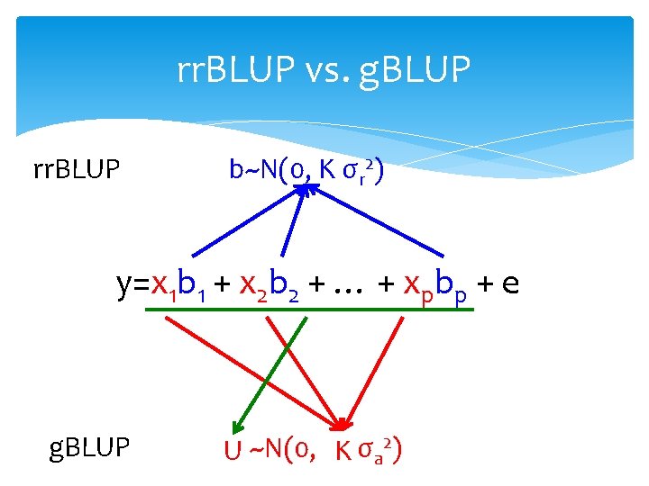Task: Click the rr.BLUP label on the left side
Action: [x=77, y=167]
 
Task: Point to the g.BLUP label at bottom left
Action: [x=90, y=445]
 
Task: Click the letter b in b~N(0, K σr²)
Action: [x=235, y=168]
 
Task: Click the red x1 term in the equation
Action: [x=163, y=285]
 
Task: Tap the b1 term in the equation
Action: [x=192, y=286]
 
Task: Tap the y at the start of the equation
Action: [x=124, y=286]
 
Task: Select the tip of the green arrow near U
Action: [x=233, y=431]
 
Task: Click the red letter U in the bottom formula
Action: [x=233, y=449]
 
